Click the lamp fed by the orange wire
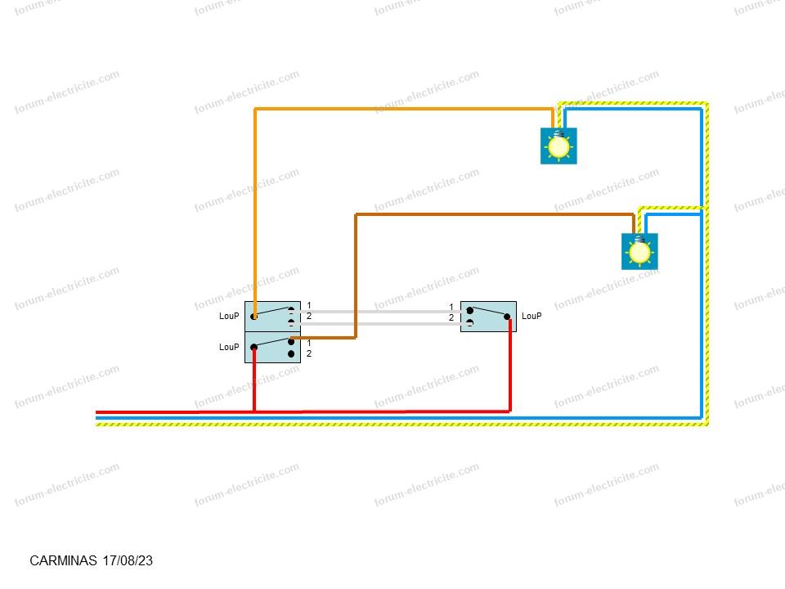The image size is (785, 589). tap(558, 146)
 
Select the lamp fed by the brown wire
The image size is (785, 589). tap(639, 251)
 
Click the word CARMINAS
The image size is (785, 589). tap(63, 560)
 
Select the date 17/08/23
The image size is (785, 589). tap(128, 560)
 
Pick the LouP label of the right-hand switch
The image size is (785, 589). tap(532, 316)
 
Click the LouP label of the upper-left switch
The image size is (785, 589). tap(229, 316)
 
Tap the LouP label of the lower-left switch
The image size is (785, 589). tap(229, 347)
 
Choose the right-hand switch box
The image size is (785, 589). tap(489, 317)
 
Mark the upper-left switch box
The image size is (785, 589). tap(273, 317)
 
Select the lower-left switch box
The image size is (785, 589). tap(273, 348)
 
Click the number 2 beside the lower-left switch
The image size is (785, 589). tap(309, 353)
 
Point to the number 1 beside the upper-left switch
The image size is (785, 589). tap(309, 305)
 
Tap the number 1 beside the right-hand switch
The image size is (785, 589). tap(451, 307)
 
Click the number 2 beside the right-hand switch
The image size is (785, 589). tap(451, 317)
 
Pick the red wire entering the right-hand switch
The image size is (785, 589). tap(510, 365)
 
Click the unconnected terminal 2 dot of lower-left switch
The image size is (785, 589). tap(291, 354)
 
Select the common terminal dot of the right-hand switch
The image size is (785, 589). tap(507, 317)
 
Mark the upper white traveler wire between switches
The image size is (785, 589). tap(380, 312)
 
